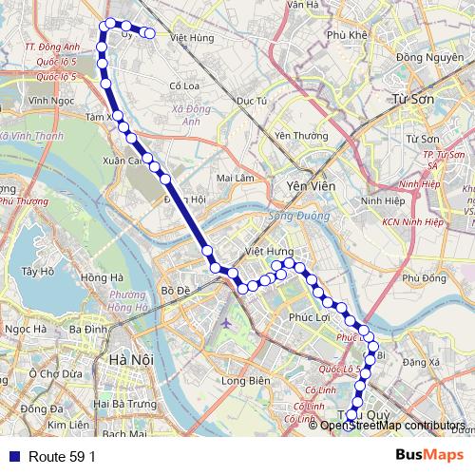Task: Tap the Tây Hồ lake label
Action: [37, 271]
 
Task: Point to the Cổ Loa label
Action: [182, 85]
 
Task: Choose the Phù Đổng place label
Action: [424, 278]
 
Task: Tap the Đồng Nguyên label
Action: [423, 57]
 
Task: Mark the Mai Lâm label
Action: [236, 177]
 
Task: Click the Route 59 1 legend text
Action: [62, 456]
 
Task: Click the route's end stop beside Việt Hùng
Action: [149, 33]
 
